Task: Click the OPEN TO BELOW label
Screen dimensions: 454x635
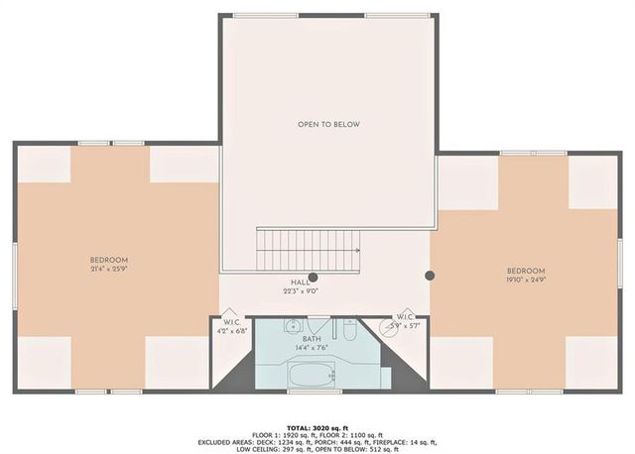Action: click(x=328, y=125)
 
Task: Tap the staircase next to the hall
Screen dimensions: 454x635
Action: click(x=309, y=250)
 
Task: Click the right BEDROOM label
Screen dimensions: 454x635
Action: click(x=525, y=271)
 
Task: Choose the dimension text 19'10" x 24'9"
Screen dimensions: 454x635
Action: click(x=525, y=280)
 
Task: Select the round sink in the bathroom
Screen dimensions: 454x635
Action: click(x=292, y=326)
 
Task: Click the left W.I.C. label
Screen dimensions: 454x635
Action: click(x=231, y=322)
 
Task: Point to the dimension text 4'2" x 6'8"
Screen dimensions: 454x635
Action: click(x=231, y=331)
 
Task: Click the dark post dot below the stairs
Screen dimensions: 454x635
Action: click(x=313, y=278)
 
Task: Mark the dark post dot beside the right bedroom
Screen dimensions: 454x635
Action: click(x=430, y=276)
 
